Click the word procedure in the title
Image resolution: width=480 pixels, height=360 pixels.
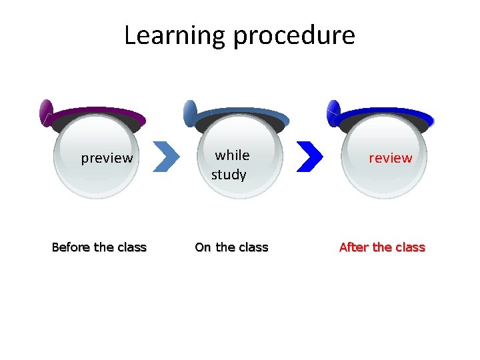tap(293, 35)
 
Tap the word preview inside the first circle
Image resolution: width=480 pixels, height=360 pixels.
tap(107, 158)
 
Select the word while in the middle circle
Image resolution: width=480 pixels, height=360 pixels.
tap(232, 155)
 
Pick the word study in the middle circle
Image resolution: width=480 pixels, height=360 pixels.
tap(229, 175)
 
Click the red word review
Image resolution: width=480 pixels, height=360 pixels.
tap(391, 158)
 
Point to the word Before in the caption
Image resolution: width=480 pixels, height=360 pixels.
tap(71, 247)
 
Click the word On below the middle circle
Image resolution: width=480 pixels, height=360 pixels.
tap(203, 247)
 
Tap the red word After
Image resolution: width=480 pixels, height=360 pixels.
tap(354, 247)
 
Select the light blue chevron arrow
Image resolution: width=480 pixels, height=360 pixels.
tap(167, 156)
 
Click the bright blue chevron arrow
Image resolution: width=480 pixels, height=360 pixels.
tap(309, 156)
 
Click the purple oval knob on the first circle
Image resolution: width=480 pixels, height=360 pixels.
tap(46, 112)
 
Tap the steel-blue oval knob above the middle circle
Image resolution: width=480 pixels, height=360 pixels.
tap(190, 113)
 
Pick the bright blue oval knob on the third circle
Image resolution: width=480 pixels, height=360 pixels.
tap(333, 113)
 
